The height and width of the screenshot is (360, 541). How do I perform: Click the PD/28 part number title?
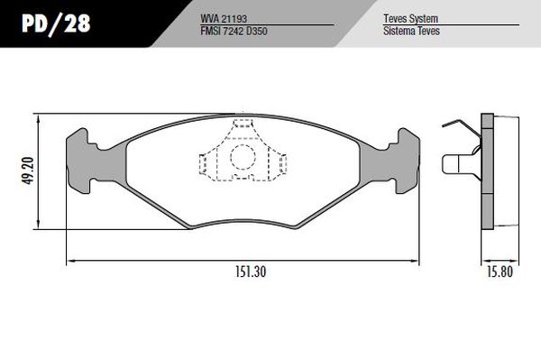(56, 23)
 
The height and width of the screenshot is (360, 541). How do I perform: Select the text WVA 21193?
(224, 19)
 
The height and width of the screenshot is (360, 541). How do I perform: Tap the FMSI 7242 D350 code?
(234, 31)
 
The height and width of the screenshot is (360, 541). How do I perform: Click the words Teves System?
(410, 18)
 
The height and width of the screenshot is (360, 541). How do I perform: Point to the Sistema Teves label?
(411, 31)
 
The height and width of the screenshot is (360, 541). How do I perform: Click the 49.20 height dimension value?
(28, 171)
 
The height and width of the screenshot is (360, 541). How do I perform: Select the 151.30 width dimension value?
(251, 272)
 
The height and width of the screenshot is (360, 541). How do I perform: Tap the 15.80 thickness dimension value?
(500, 272)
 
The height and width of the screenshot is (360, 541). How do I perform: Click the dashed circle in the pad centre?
(243, 157)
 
